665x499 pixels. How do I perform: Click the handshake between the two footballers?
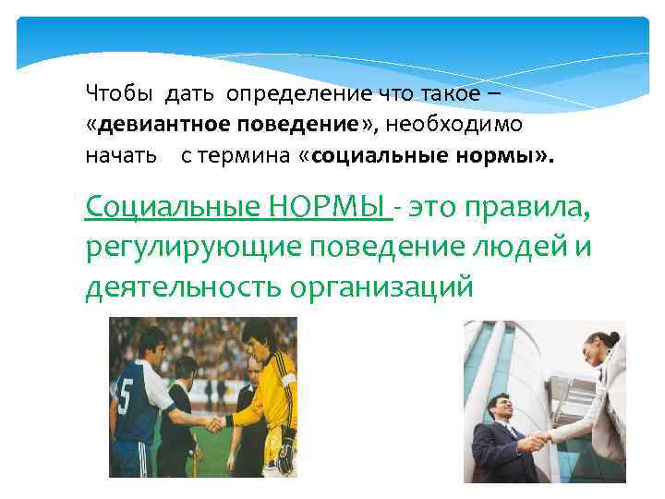pyautogui.click(x=214, y=424)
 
